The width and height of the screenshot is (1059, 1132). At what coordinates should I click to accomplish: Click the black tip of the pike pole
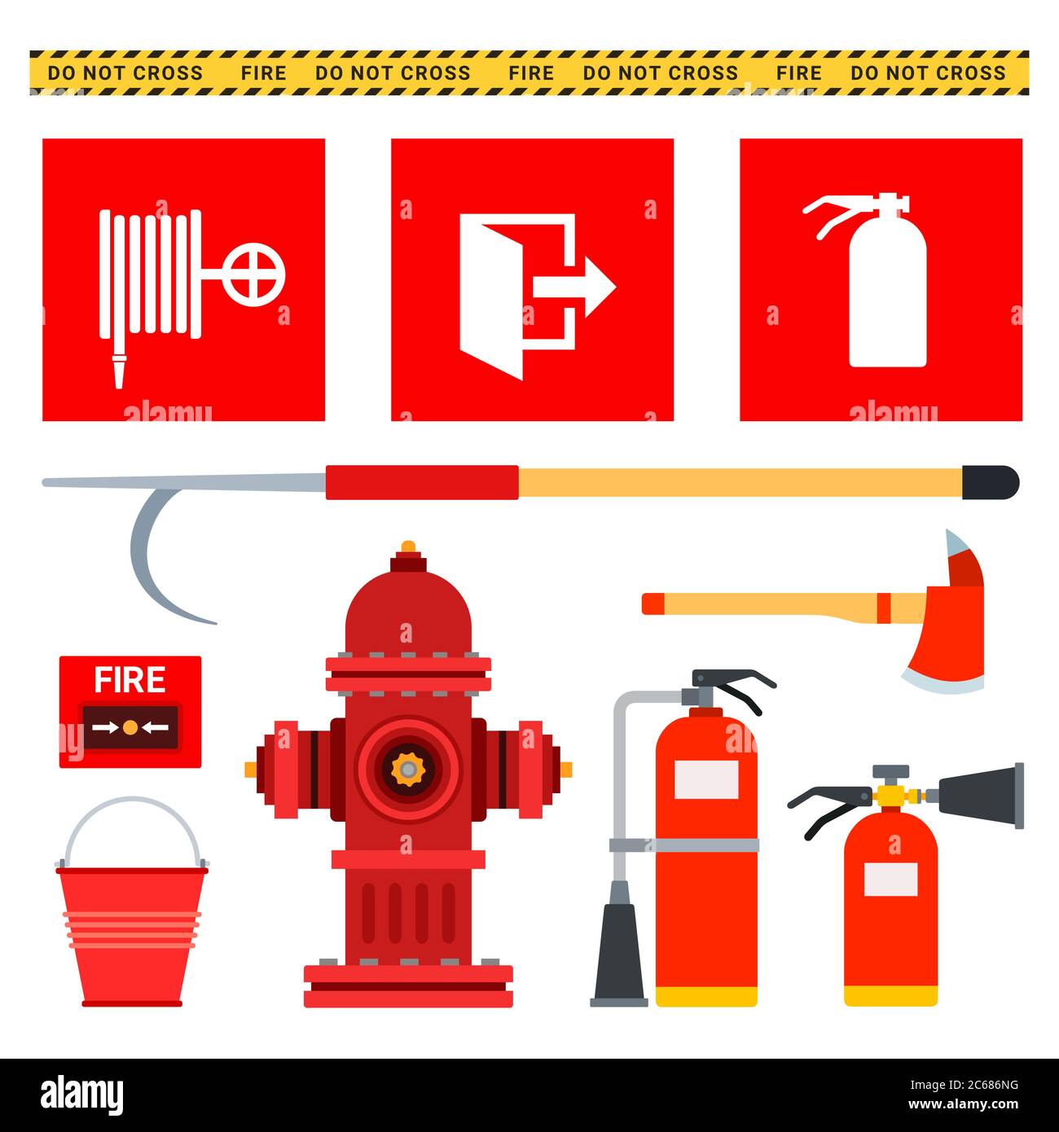(x=990, y=482)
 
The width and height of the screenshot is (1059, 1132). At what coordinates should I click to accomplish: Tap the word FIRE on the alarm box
(x=130, y=680)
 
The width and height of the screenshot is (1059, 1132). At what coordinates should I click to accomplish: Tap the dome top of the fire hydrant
(x=407, y=611)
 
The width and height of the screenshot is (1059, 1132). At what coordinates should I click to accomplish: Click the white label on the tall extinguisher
(x=706, y=779)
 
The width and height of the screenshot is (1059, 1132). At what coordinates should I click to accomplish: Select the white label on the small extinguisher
(x=890, y=880)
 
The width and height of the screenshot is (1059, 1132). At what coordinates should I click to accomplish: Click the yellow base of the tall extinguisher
(x=706, y=996)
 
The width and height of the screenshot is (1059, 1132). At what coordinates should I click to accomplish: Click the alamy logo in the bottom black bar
(x=82, y=1094)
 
